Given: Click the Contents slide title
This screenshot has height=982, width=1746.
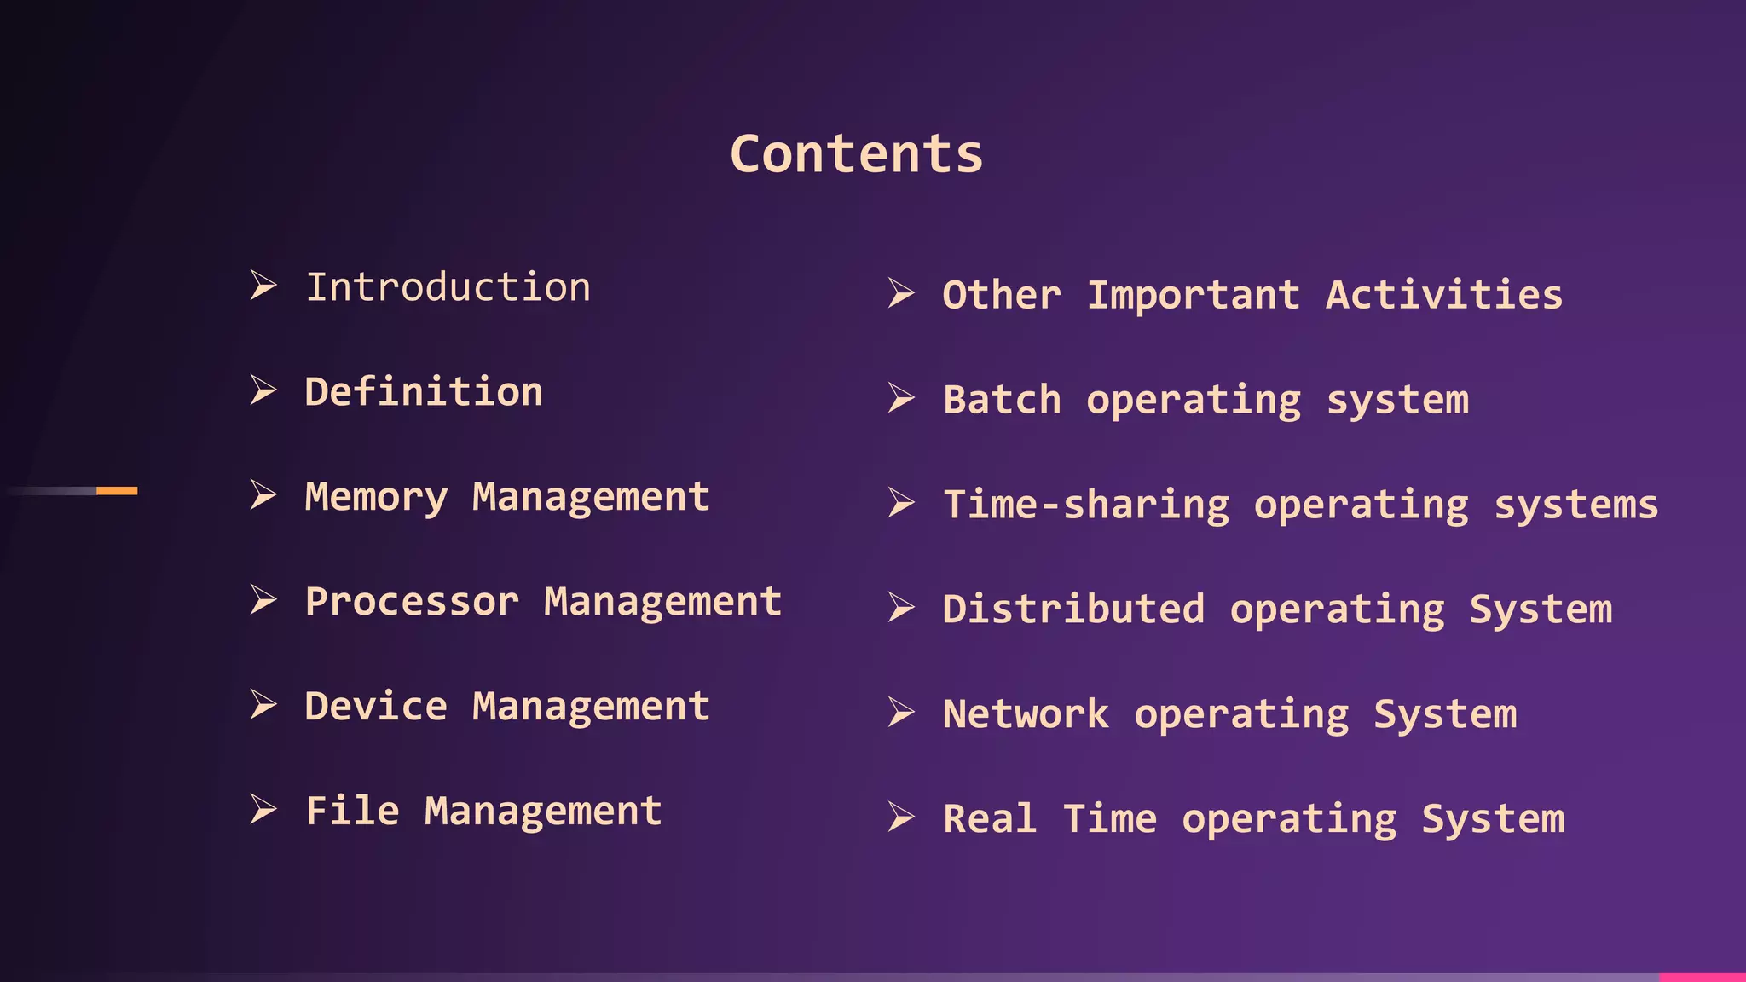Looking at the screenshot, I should [x=856, y=154].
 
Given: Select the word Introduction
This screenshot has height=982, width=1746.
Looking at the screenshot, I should [x=448, y=287].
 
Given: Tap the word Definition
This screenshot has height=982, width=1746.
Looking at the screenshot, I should [x=424, y=392].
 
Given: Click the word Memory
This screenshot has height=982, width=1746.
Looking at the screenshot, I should [x=376, y=497].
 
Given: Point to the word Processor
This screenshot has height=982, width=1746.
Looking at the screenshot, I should [x=412, y=602].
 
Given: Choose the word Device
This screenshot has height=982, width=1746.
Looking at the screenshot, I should [x=376, y=707].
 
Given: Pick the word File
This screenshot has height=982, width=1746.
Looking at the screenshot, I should [x=352, y=811].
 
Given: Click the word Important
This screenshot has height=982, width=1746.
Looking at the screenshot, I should [x=1194, y=296].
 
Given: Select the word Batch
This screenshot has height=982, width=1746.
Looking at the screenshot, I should [x=1002, y=400].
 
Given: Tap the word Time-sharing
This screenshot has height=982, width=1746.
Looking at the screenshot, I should [x=1086, y=505].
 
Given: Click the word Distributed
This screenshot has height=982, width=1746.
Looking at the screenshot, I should [x=1073, y=609].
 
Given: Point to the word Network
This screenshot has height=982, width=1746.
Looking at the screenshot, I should [x=1026, y=714].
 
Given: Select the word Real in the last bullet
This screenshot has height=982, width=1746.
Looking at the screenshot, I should [x=990, y=819].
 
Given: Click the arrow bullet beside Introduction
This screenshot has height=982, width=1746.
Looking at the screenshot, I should [x=263, y=286].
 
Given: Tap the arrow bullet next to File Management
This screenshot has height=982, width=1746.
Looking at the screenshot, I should [x=263, y=809].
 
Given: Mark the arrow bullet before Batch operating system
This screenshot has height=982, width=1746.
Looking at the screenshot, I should [x=901, y=398].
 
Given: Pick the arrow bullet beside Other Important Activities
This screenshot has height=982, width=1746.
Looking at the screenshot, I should [x=901, y=293].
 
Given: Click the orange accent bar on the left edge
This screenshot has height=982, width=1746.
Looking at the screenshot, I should [x=117, y=491].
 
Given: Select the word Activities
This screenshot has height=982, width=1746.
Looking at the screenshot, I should [x=1444, y=296].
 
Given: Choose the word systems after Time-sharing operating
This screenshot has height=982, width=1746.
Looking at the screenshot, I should [x=1576, y=505].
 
